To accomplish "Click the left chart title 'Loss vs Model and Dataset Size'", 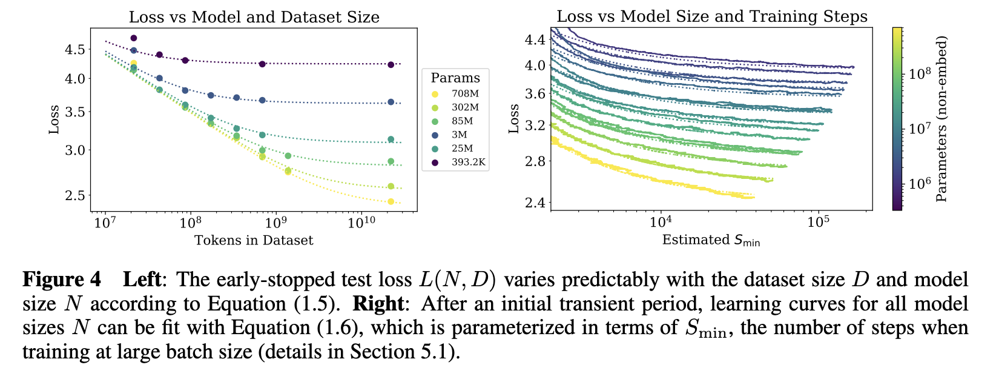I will click(x=254, y=17).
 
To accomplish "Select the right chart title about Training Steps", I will click(x=712, y=16).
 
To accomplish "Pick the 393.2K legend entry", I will click(x=469, y=162).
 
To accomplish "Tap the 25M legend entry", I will click(x=463, y=149).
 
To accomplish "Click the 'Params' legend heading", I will click(x=455, y=78).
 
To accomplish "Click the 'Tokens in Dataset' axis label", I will click(x=254, y=241).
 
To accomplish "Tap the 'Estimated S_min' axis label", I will click(x=711, y=240).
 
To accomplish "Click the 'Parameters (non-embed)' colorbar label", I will click(x=941, y=118).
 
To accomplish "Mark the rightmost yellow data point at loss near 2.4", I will click(x=391, y=201).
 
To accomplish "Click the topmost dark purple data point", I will click(x=134, y=38).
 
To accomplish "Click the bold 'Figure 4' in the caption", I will click(x=62, y=280).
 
